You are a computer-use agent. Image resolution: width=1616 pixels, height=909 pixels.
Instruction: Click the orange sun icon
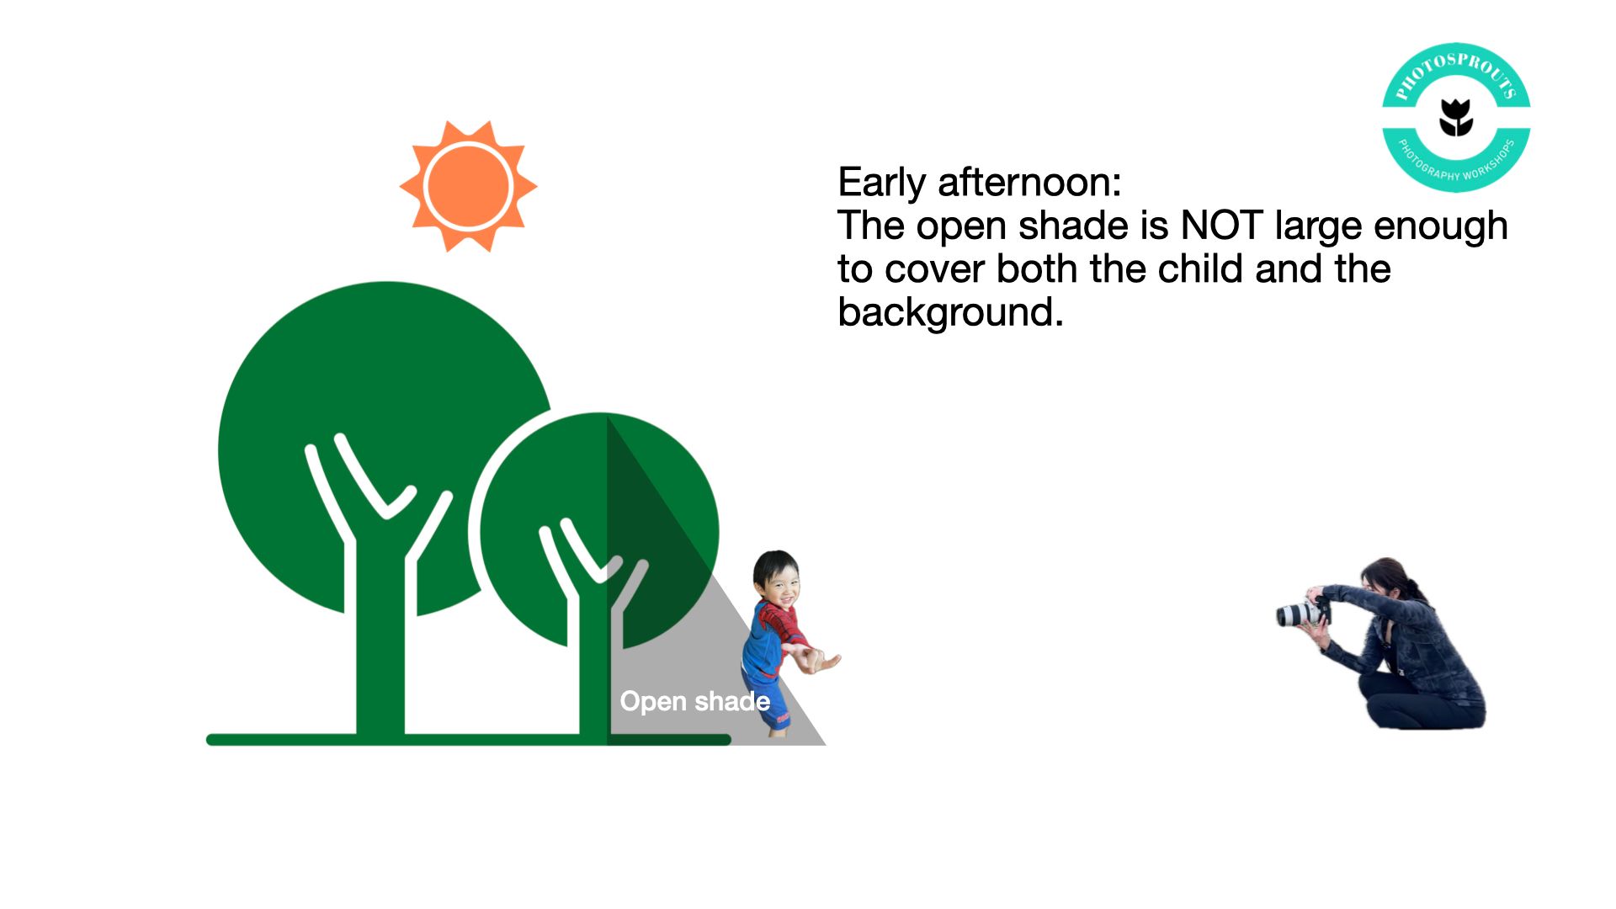pos(468,186)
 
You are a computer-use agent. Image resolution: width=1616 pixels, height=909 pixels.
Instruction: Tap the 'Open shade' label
pos(695,701)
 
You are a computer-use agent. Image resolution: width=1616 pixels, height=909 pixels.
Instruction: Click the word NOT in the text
pos(1221,226)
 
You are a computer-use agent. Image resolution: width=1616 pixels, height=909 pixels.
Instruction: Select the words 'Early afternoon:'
pos(980,183)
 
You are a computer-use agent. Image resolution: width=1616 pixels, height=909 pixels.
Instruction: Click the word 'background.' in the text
pos(951,312)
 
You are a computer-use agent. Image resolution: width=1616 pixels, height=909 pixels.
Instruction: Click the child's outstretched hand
pos(821,661)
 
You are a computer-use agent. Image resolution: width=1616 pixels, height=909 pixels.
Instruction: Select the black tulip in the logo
pos(1456,117)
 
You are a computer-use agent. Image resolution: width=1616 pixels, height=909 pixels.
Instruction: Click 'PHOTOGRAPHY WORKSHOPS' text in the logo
pos(1457,161)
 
